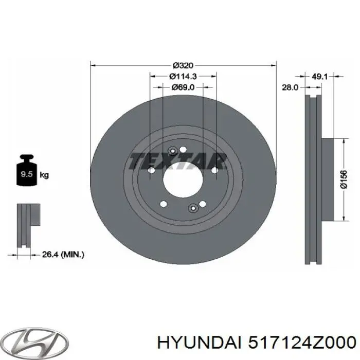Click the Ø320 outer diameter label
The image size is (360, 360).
click(x=183, y=65)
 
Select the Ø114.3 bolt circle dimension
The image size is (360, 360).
click(x=183, y=76)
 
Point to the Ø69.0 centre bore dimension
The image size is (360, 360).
click(x=183, y=87)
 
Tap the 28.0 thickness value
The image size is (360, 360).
click(x=291, y=87)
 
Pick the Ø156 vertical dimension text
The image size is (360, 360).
click(x=344, y=180)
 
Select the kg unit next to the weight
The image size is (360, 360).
click(x=44, y=175)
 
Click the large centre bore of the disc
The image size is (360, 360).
click(x=183, y=179)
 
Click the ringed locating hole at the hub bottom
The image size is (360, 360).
click(x=193, y=208)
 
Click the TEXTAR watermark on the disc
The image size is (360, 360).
click(x=178, y=161)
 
